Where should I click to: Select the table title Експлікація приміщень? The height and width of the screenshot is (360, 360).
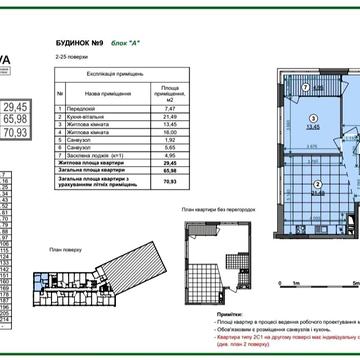[x=105, y=76]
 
